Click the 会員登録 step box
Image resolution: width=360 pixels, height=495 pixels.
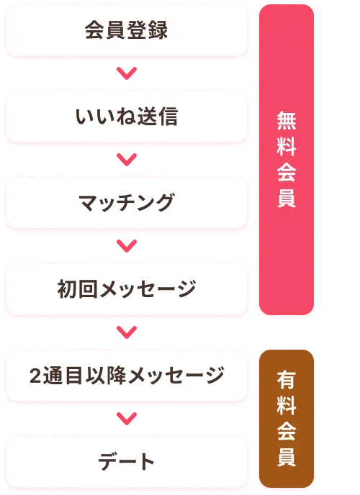[126, 30]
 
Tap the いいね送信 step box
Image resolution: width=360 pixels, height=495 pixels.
[126, 117]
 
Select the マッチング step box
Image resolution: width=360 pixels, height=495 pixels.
[126, 203]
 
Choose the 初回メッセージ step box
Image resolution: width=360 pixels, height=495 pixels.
[126, 289]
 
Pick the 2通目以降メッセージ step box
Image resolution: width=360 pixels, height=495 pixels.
[126, 376]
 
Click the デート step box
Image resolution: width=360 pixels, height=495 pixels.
[126, 462]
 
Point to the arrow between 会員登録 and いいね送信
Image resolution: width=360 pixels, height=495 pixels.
[127, 73]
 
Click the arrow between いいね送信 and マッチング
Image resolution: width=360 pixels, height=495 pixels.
[127, 160]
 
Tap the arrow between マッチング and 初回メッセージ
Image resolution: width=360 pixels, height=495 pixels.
[127, 246]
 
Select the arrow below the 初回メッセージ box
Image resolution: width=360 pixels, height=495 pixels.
[127, 332]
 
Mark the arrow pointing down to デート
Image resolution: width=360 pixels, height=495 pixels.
[127, 419]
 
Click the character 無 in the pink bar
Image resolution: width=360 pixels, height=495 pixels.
[287, 121]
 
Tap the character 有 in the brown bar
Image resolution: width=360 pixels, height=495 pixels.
[287, 380]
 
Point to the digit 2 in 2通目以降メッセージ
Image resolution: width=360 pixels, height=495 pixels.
[35, 376]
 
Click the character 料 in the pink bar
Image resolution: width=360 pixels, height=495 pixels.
[287, 147]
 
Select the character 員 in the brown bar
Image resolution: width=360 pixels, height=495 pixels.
[287, 458]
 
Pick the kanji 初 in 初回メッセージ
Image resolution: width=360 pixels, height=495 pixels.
[67, 289]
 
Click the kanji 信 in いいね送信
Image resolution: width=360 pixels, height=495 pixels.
[168, 117]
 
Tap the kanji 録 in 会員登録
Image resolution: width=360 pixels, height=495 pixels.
[158, 30]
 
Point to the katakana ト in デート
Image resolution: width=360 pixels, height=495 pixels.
[146, 462]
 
